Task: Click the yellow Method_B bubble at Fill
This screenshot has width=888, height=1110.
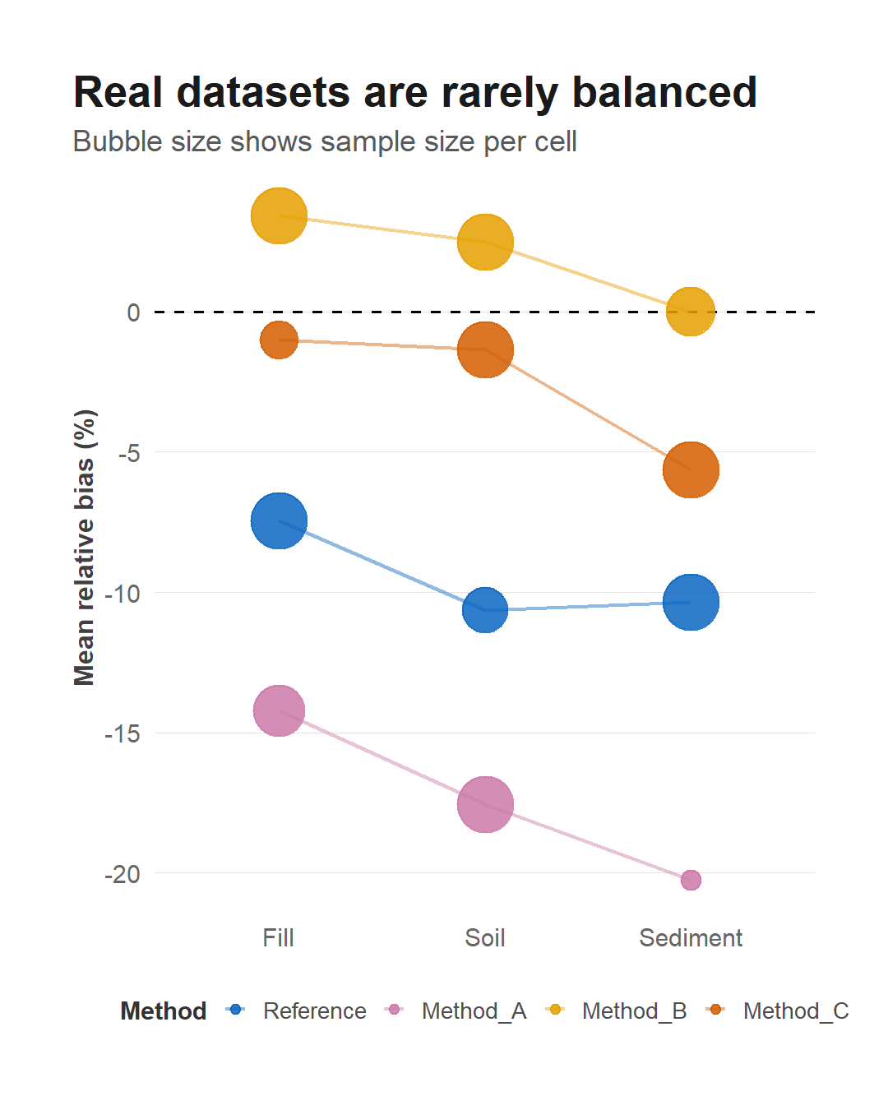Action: [x=279, y=215]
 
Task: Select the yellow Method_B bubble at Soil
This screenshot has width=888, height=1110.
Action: [x=485, y=242]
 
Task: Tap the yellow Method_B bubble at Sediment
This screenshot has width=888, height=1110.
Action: [x=691, y=312]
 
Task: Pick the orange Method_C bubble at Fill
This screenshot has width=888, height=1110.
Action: [x=279, y=340]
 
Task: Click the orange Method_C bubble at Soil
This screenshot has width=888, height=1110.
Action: [x=485, y=349]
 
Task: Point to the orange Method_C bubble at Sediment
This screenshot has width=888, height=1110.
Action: [x=691, y=469]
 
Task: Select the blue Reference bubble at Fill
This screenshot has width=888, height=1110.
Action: [x=279, y=521]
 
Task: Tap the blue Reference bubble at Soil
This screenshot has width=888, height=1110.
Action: [x=485, y=609]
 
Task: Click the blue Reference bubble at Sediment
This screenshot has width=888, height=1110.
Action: [x=691, y=602]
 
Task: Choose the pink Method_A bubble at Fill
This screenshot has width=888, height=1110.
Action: [x=279, y=710]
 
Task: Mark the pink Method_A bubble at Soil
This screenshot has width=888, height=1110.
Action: [x=485, y=804]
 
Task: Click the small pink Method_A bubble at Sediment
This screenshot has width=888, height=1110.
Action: [x=691, y=880]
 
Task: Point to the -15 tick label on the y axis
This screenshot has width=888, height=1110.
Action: [x=123, y=733]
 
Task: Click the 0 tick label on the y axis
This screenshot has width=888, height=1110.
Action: [x=133, y=312]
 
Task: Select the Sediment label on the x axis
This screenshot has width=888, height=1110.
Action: [x=691, y=937]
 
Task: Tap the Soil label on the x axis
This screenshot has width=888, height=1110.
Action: [x=484, y=937]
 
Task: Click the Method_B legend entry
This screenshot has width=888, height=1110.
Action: [x=616, y=1011]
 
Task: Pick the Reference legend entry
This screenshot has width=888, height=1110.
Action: [x=296, y=1011]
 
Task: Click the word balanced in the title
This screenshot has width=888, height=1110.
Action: [x=664, y=93]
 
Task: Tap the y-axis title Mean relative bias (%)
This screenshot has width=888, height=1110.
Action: [x=84, y=548]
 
